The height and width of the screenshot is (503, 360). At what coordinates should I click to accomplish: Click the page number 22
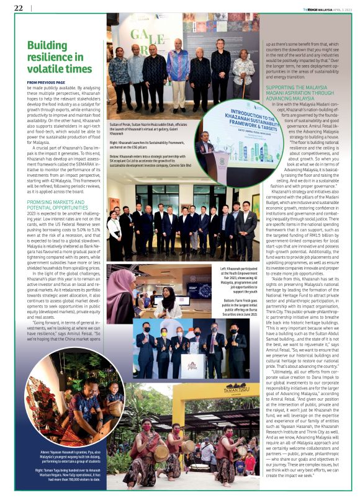[x=18, y=7]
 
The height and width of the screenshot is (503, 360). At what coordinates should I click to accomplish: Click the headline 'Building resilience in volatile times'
[x=59, y=57]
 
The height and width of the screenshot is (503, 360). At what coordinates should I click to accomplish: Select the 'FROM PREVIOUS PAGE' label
[x=46, y=82]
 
